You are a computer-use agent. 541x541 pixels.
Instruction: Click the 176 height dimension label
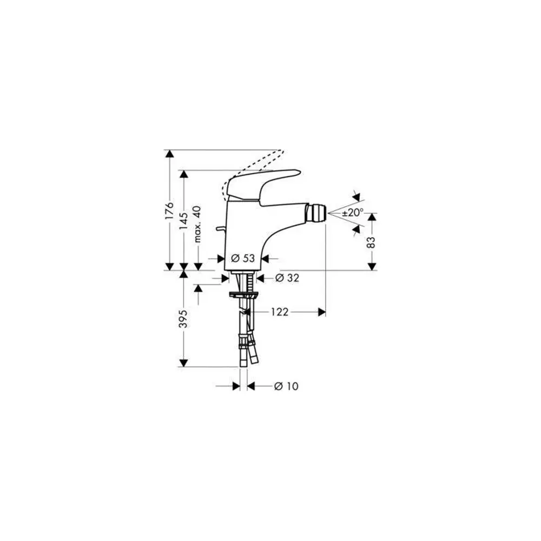(169, 210)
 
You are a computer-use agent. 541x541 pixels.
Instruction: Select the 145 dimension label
(183, 221)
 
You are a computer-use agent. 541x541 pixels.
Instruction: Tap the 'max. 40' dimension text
(197, 224)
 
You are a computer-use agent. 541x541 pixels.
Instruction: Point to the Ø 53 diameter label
(243, 258)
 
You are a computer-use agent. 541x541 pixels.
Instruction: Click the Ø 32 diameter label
(287, 278)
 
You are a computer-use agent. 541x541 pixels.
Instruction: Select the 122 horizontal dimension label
(280, 312)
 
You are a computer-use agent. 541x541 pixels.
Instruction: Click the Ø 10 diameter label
(286, 386)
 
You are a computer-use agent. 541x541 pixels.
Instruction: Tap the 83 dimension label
(371, 242)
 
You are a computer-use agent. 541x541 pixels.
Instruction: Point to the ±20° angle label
(353, 213)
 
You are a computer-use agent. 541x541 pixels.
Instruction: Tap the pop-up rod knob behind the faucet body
(220, 229)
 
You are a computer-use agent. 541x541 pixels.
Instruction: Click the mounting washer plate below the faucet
(243, 295)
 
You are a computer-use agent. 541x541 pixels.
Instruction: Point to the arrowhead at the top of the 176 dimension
(169, 154)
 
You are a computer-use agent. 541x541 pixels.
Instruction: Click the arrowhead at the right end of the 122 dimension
(321, 312)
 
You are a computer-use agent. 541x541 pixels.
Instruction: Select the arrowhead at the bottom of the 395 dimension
(183, 363)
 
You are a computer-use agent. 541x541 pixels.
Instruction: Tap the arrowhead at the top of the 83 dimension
(372, 217)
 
